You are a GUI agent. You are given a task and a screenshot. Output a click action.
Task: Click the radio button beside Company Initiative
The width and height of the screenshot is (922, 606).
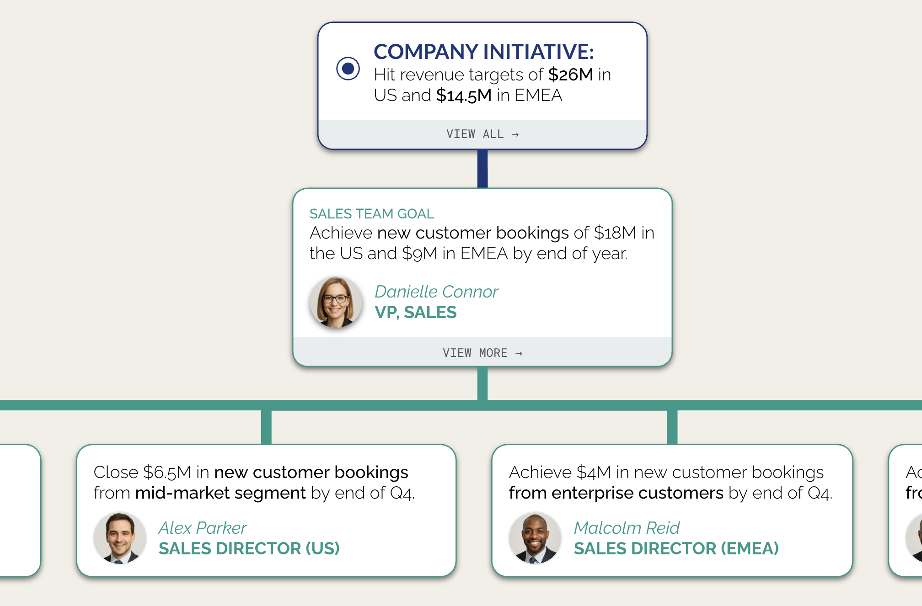348,69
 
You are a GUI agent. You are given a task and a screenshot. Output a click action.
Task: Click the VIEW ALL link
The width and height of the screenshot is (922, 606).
482,134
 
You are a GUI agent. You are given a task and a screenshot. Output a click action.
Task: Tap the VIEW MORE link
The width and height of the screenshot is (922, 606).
482,353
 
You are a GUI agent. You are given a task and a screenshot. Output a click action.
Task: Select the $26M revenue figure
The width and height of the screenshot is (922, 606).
570,74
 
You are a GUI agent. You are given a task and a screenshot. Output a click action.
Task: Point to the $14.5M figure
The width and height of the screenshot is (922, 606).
463,96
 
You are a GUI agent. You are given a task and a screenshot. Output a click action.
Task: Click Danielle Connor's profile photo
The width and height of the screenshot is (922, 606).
336,302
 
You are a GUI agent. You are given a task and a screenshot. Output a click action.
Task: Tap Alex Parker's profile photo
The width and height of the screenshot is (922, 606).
120,538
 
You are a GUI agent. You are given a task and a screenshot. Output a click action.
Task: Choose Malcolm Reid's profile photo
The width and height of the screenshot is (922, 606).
535,538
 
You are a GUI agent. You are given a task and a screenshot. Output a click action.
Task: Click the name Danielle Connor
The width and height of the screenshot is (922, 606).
436,292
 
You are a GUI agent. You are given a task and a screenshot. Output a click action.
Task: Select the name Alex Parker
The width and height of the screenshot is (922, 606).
203,528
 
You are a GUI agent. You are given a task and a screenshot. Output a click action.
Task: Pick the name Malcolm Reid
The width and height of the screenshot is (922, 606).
627,528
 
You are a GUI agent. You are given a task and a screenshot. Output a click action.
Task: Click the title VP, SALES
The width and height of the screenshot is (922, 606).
415,312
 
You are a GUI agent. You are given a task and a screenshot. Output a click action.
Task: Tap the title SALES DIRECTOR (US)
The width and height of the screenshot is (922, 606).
249,548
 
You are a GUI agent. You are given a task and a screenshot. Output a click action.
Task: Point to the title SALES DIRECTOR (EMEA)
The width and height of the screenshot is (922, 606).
676,548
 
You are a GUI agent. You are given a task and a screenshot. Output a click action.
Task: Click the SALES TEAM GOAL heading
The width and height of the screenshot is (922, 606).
372,214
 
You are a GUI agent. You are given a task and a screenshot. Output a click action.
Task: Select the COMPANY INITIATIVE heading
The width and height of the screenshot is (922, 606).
483,52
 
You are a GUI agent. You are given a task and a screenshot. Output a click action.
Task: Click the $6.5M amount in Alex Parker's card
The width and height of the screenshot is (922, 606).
167,473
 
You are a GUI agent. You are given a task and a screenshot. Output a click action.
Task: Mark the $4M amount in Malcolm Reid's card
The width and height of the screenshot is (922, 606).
594,473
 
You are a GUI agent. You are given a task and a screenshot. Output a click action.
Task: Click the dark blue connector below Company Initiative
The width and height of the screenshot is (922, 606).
482,169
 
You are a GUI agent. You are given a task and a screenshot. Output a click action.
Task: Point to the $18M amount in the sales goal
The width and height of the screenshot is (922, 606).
615,233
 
